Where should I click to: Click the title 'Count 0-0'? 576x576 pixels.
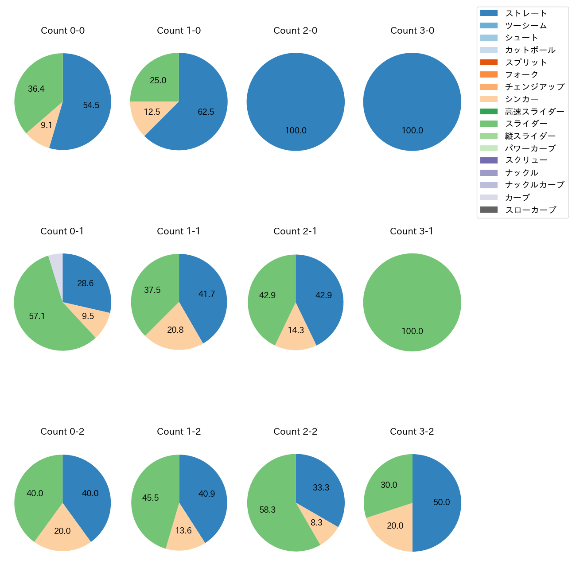point(62,31)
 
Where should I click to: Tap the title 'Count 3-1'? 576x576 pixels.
point(412,231)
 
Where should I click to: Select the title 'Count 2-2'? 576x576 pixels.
point(295,432)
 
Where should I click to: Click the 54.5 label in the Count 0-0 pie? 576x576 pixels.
point(91,105)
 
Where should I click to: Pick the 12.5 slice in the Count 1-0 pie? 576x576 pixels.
point(146,115)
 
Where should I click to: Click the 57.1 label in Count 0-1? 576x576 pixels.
point(37,316)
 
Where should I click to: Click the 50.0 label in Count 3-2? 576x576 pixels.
point(442,502)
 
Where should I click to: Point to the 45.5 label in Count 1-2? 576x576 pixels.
point(151,498)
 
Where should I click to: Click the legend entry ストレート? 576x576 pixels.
point(526,13)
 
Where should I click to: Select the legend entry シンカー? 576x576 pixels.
point(522,99)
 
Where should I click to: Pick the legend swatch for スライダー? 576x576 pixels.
point(489,124)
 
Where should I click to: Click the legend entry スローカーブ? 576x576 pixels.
point(530,210)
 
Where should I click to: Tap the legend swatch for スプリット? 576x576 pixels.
point(489,62)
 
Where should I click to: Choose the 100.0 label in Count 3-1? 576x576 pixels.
point(412,331)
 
